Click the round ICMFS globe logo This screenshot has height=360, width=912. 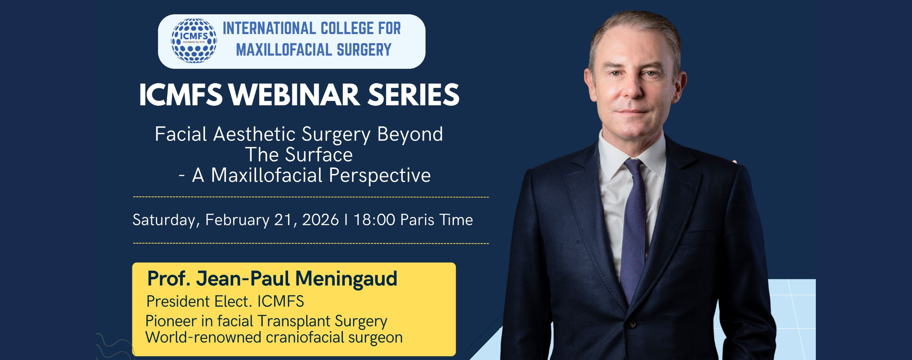(x=194, y=41)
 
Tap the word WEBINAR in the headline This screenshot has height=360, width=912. (x=294, y=95)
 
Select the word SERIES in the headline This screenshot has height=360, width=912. (x=413, y=95)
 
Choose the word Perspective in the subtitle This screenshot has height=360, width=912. (x=380, y=176)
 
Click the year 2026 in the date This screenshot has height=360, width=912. (x=320, y=219)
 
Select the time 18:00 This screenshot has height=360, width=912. (x=374, y=219)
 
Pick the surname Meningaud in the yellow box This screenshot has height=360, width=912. (x=346, y=279)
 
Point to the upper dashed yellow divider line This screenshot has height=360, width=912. (x=311, y=197)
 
